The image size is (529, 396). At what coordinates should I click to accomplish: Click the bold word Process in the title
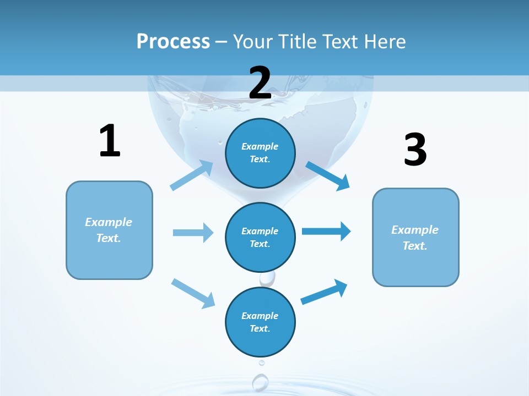(x=173, y=42)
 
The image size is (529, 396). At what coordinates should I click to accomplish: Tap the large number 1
(x=110, y=141)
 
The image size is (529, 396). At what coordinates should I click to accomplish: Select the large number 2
(x=260, y=83)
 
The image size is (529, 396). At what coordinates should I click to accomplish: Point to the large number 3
(x=415, y=150)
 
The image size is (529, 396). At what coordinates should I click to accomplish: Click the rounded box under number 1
(x=109, y=230)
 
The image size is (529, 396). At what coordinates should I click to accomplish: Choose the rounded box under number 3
(x=415, y=237)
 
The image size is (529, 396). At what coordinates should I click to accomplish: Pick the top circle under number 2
(x=260, y=153)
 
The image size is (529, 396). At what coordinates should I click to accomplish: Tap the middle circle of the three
(x=260, y=237)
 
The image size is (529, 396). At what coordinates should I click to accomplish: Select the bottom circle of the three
(x=260, y=322)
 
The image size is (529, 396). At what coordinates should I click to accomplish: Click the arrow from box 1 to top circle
(x=192, y=175)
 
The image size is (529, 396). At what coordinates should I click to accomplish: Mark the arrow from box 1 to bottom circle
(x=193, y=293)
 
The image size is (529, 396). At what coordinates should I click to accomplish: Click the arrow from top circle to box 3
(x=328, y=175)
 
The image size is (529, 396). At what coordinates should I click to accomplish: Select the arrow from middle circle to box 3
(x=326, y=232)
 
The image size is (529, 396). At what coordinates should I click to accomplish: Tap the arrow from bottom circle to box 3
(x=324, y=292)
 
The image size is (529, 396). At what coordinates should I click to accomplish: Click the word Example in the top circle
(x=260, y=146)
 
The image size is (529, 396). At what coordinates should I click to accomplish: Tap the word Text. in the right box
(x=415, y=246)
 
